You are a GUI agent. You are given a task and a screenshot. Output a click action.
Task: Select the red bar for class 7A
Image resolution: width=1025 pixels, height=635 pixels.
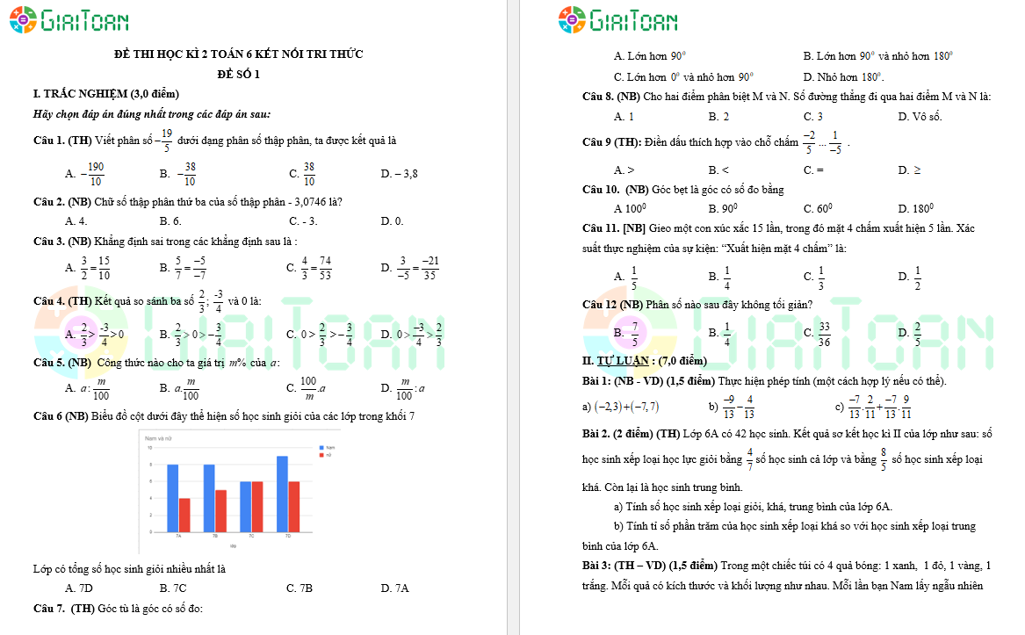pyautogui.click(x=184, y=514)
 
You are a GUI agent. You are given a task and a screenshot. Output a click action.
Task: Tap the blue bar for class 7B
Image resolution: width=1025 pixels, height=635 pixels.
pyautogui.click(x=209, y=497)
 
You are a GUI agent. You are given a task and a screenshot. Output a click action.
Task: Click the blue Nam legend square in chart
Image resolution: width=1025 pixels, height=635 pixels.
pyautogui.click(x=319, y=448)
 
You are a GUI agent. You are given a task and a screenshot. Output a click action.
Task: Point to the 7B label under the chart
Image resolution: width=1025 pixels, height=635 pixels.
pyautogui.click(x=215, y=535)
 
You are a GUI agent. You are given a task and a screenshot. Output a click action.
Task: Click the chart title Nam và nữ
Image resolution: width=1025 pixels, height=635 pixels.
pyautogui.click(x=158, y=437)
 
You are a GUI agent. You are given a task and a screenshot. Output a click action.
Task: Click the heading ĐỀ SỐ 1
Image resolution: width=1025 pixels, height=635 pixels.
pyautogui.click(x=239, y=74)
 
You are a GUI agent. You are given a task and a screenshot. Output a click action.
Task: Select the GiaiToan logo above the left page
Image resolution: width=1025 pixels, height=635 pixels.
pyautogui.click(x=69, y=19)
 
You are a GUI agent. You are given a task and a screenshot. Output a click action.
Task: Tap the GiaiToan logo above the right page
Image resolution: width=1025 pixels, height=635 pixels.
pyautogui.click(x=617, y=19)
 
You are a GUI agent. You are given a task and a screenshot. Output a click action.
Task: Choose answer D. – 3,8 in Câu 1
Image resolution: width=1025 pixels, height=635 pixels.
pyautogui.click(x=400, y=174)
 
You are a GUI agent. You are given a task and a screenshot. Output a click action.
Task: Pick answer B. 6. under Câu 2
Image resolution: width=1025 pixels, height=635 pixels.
pyautogui.click(x=170, y=221)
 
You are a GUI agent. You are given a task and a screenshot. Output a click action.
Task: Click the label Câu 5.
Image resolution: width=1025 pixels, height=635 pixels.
pyautogui.click(x=48, y=363)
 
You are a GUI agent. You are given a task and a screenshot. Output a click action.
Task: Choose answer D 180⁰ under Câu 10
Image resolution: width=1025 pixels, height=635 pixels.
pyautogui.click(x=916, y=209)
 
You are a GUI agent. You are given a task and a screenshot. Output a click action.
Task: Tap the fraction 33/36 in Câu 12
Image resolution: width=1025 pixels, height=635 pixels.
pyautogui.click(x=824, y=333)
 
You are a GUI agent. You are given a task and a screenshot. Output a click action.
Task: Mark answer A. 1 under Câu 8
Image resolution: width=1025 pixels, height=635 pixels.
pyautogui.click(x=624, y=116)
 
